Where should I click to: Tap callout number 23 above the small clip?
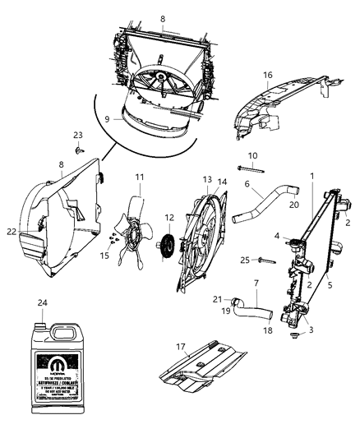pyautogui.click(x=78, y=136)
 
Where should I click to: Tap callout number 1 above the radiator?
pyautogui.click(x=312, y=175)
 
